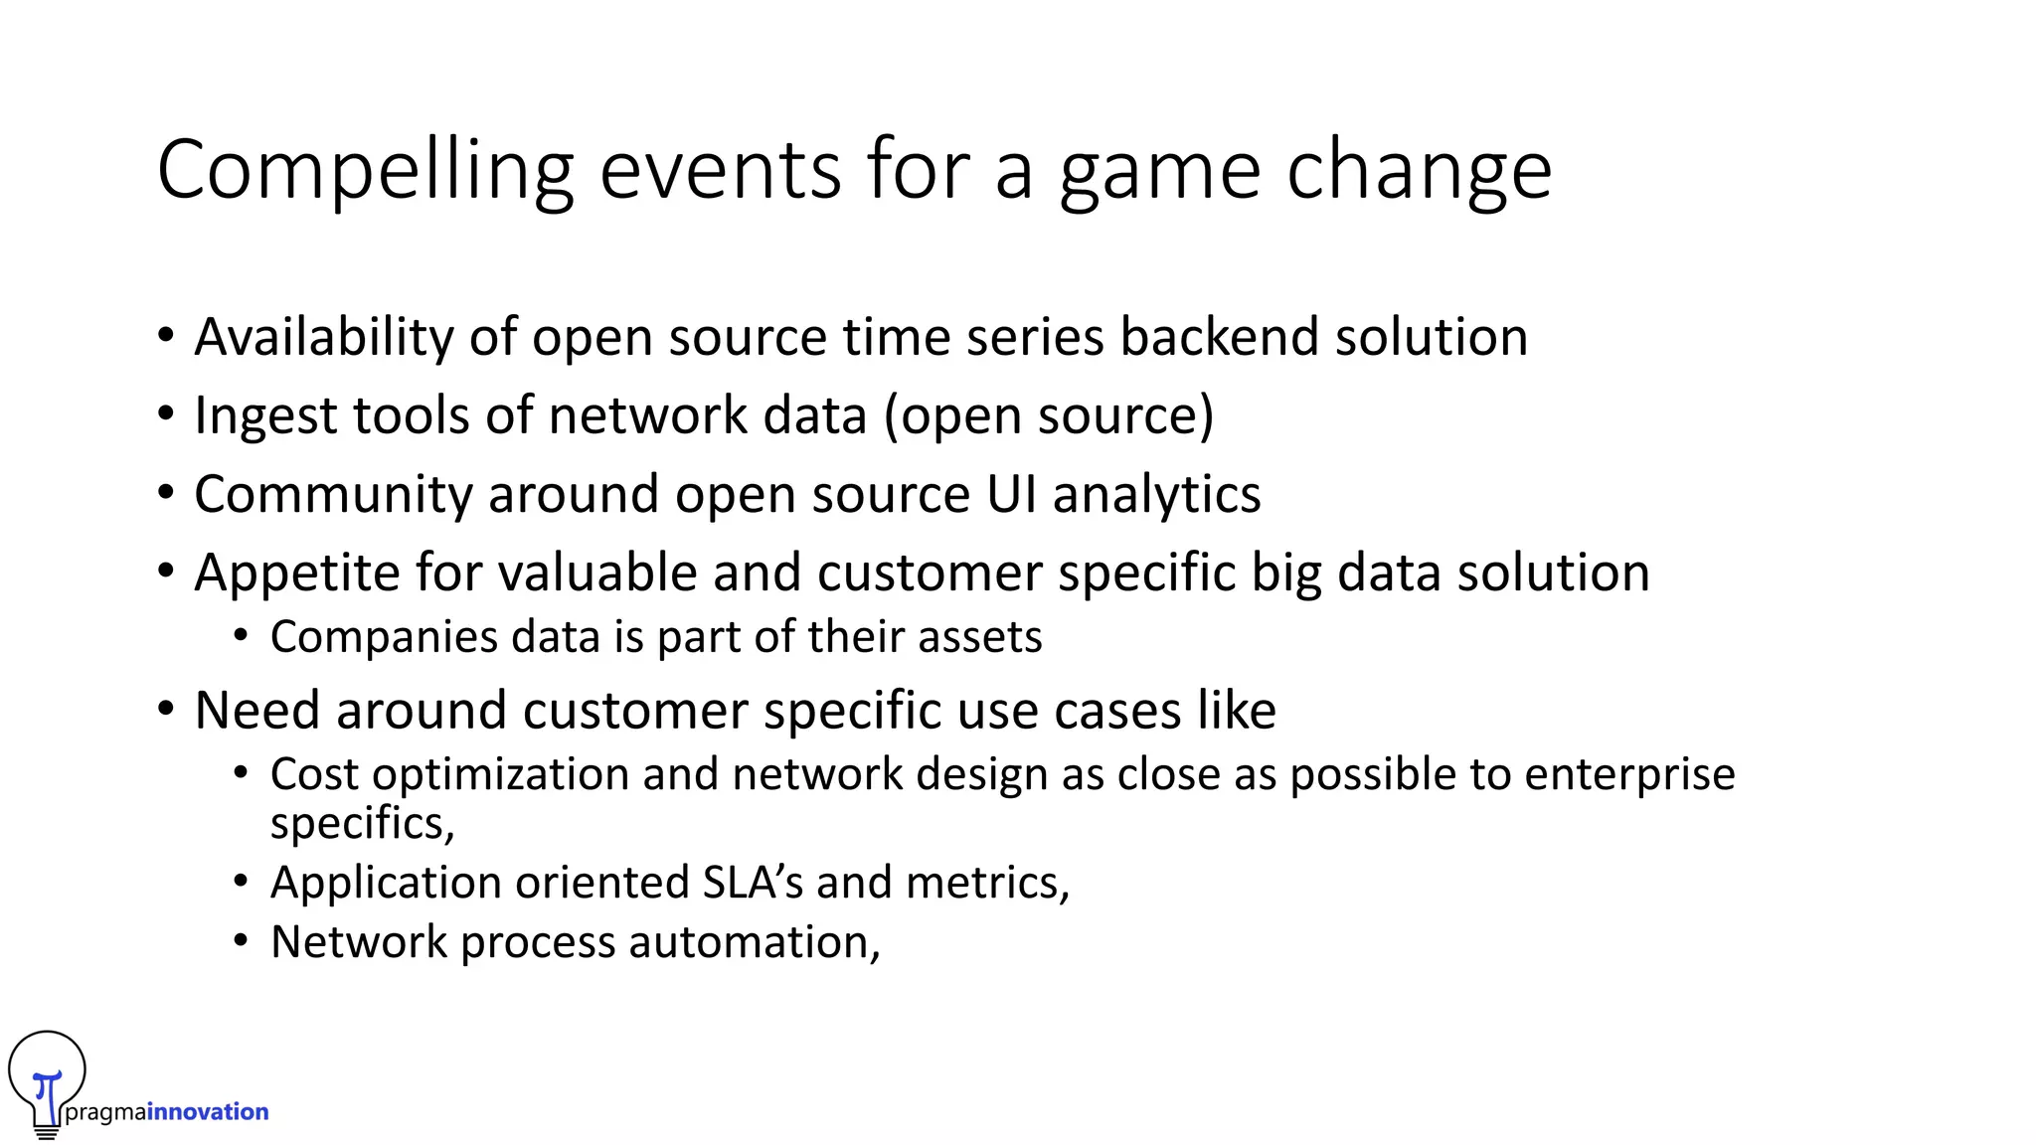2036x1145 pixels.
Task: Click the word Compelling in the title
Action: point(365,171)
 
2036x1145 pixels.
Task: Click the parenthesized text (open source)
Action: point(1049,415)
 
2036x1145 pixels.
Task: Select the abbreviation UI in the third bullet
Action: point(1011,494)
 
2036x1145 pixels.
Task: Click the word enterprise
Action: point(1629,774)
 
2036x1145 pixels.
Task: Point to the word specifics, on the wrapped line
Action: point(362,824)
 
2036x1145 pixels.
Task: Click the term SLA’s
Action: point(753,883)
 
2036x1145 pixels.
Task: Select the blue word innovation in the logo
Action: point(208,1111)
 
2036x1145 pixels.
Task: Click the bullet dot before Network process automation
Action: point(241,940)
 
